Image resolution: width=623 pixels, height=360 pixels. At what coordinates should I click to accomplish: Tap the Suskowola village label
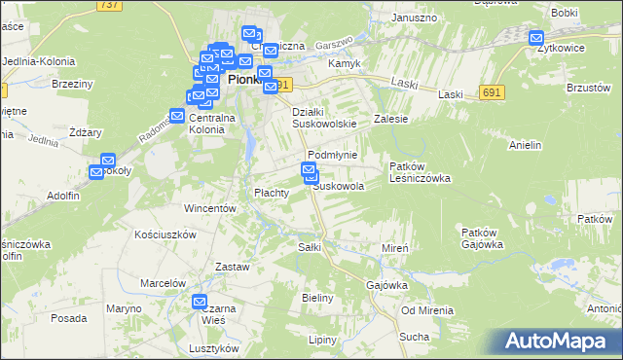point(339,186)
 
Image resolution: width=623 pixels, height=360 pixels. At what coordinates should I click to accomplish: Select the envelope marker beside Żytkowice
point(536,38)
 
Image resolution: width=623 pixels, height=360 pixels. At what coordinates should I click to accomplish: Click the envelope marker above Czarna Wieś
point(200,303)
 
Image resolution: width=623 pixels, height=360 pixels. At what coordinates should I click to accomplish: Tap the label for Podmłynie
point(333,156)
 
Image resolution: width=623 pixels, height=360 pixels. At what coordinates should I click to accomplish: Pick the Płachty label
point(272,193)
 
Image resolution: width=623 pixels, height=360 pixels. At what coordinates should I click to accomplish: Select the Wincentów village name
point(210,208)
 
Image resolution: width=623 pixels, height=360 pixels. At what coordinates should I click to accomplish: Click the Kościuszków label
point(165,234)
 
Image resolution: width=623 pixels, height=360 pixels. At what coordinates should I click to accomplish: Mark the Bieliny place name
point(318,298)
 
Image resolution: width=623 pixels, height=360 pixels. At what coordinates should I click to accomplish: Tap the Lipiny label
point(322,340)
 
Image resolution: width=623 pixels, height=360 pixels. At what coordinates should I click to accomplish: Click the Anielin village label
point(525,145)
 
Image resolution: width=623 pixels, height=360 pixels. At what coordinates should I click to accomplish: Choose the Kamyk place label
point(345,63)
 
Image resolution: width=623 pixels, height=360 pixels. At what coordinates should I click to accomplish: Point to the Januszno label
point(413,18)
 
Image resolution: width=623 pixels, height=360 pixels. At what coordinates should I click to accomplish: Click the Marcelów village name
point(163,283)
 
